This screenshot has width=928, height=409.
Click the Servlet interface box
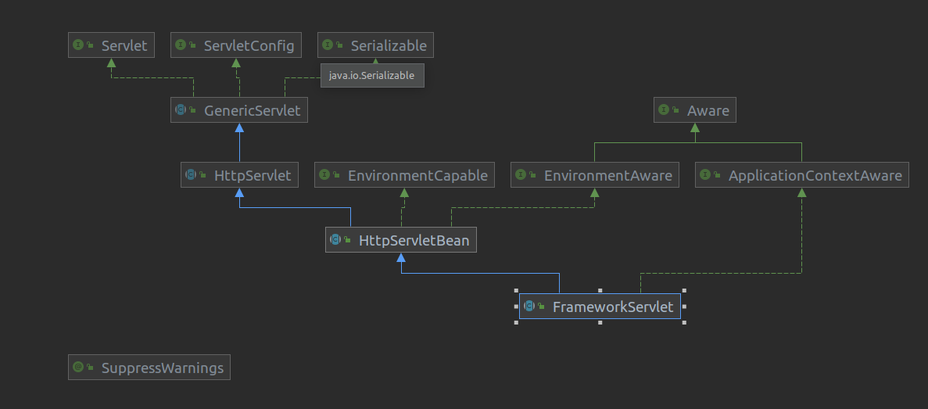tap(110, 45)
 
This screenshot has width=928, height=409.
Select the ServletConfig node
tap(235, 45)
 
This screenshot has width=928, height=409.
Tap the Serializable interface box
tap(375, 45)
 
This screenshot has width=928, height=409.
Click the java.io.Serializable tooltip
tap(371, 75)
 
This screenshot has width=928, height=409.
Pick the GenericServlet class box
tap(239, 110)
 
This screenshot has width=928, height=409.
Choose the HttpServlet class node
tap(239, 175)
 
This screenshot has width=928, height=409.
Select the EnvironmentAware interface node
tap(595, 175)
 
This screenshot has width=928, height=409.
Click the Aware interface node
tap(695, 110)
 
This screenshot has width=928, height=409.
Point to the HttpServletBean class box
tap(401, 240)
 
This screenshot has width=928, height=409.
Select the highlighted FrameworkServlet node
tap(600, 307)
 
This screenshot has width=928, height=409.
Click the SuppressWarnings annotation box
tap(149, 367)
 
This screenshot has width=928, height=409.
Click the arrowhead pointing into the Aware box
tap(695, 127)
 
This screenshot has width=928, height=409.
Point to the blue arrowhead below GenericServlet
tap(239, 127)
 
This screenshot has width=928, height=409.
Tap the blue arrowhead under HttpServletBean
tap(401, 257)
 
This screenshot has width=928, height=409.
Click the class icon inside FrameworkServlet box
tap(529, 307)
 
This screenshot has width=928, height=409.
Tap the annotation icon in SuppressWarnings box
tap(78, 367)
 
